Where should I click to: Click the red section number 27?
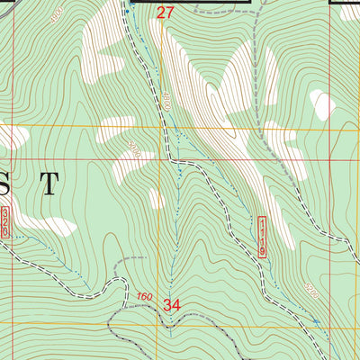point(165,13)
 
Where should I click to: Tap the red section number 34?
point(173,305)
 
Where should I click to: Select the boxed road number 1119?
point(263,238)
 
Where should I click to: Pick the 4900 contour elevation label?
point(57,17)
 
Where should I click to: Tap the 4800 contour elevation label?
point(166,103)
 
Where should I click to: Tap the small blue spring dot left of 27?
point(131,5)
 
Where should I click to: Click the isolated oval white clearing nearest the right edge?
point(321,103)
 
